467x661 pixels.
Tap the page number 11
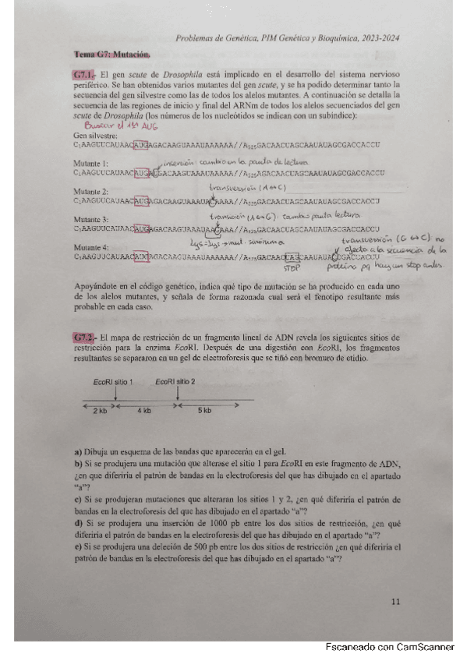(x=395, y=600)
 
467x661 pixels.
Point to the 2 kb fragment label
(x=100, y=411)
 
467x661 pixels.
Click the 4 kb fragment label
(x=145, y=411)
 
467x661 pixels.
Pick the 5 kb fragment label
(x=203, y=411)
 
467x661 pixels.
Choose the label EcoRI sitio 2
(x=175, y=383)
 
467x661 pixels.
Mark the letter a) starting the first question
(x=76, y=453)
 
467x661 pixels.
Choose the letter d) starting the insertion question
(x=76, y=534)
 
